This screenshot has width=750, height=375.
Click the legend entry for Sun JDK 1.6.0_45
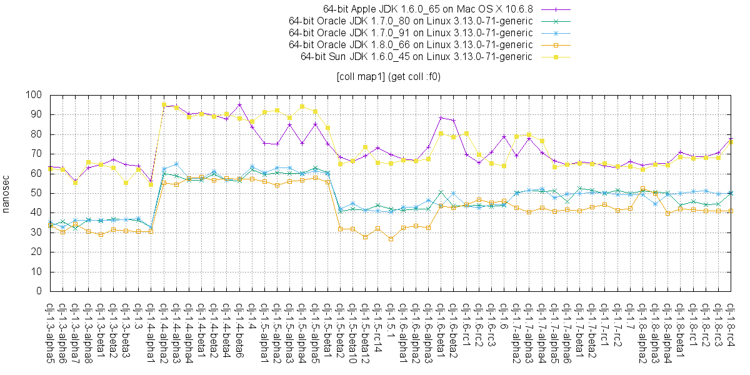click(416, 57)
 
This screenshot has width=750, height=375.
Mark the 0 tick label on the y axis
click(38, 291)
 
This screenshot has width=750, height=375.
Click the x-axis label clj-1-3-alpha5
click(50, 331)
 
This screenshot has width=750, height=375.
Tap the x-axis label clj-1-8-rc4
click(731, 326)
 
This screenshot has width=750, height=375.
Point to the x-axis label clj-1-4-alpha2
click(164, 331)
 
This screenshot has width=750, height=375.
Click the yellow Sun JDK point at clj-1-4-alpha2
click(164, 105)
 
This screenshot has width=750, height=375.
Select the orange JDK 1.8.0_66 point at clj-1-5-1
click(391, 239)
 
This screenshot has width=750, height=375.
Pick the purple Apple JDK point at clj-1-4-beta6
click(239, 104)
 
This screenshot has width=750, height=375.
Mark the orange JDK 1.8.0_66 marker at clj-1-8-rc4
click(731, 211)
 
